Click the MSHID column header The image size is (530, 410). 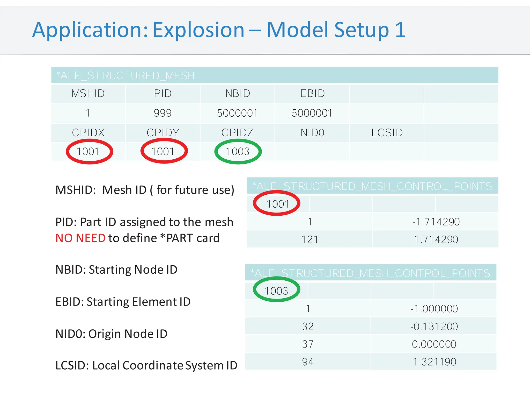coord(88,94)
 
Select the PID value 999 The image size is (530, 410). coord(163,113)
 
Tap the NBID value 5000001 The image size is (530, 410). coord(237,113)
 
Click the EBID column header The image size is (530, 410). coord(312,94)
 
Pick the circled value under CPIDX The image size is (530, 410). coord(88,152)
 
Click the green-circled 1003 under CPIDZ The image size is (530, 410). coord(238,152)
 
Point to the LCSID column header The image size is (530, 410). coord(387,133)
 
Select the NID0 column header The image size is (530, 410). coord(312,133)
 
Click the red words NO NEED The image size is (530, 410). coord(80,238)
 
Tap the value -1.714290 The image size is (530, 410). coord(436,222)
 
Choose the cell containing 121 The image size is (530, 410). coord(310,239)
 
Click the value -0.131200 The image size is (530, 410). coord(434,327)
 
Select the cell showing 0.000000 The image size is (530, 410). coord(434,344)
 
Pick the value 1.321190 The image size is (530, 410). coord(434,362)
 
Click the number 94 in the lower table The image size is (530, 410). coord(308,362)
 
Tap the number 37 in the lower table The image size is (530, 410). coord(308,344)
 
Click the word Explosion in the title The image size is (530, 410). coord(198,30)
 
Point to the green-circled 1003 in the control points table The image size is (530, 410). coord(276,291)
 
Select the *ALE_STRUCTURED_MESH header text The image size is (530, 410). coord(126,76)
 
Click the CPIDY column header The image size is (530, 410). coord(163,133)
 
